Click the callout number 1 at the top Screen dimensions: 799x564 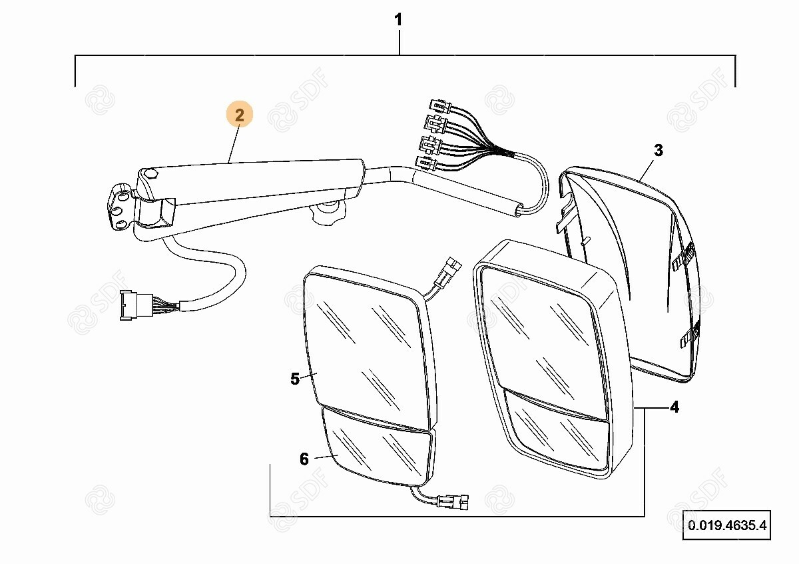[398, 19]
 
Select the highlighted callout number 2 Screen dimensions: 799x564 [239, 115]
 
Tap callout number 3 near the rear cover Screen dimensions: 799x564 [659, 151]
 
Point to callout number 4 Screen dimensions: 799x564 [674, 407]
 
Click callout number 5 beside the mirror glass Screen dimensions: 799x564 [295, 379]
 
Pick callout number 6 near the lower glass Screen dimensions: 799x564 [304, 459]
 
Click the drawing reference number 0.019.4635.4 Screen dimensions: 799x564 [727, 525]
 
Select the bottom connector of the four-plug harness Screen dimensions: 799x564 [426, 163]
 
